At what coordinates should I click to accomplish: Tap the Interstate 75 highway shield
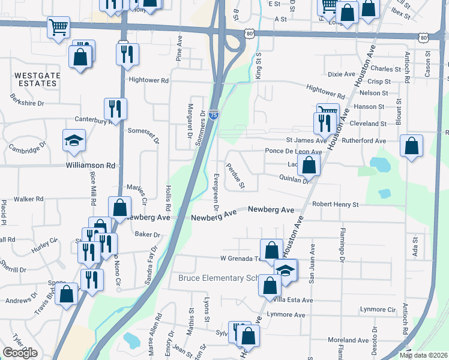[214, 115]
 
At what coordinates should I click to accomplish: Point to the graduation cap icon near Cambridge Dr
[74, 140]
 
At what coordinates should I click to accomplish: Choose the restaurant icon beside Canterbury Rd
[115, 109]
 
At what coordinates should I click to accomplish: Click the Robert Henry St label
[335, 205]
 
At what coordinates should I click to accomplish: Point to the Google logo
[20, 353]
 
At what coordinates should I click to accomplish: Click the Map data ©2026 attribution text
[423, 355]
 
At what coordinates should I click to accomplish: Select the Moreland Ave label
[348, 340]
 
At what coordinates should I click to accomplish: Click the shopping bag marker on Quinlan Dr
[309, 165]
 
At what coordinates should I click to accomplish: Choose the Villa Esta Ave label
[294, 300]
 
